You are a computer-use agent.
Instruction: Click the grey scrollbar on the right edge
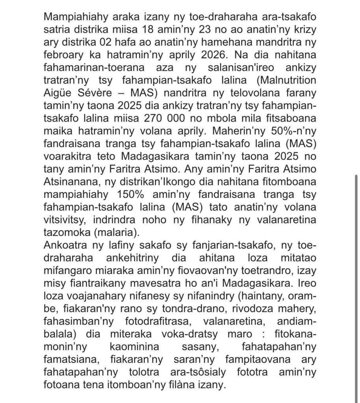click(356, 220)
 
